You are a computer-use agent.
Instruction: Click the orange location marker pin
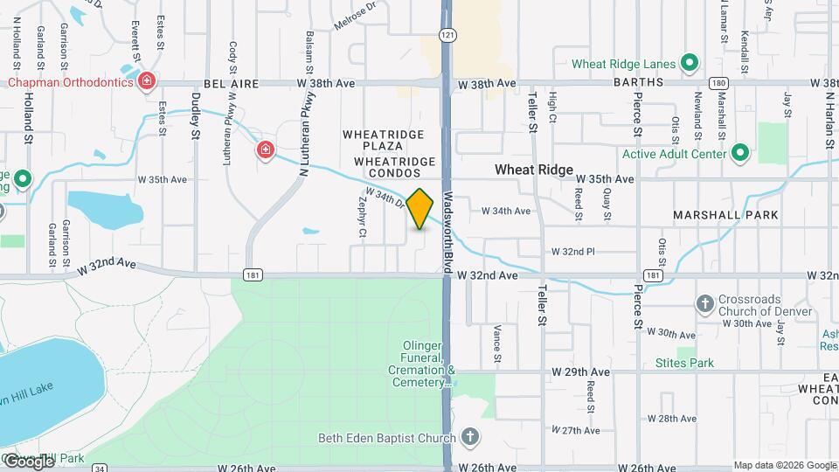(420, 208)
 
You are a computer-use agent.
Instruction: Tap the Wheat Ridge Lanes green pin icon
(690, 63)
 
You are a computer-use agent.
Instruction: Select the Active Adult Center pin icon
(740, 154)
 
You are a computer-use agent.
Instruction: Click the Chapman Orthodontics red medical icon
(148, 82)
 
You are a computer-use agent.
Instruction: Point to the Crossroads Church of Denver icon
(705, 304)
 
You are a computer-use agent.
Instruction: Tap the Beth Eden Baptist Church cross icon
(469, 437)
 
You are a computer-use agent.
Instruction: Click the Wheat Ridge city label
(533, 170)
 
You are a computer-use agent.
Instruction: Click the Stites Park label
(684, 364)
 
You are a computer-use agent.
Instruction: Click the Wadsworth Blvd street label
(447, 233)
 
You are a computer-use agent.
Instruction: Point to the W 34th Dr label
(384, 198)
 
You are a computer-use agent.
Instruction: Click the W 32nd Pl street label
(572, 252)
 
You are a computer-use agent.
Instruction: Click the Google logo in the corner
(28, 461)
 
